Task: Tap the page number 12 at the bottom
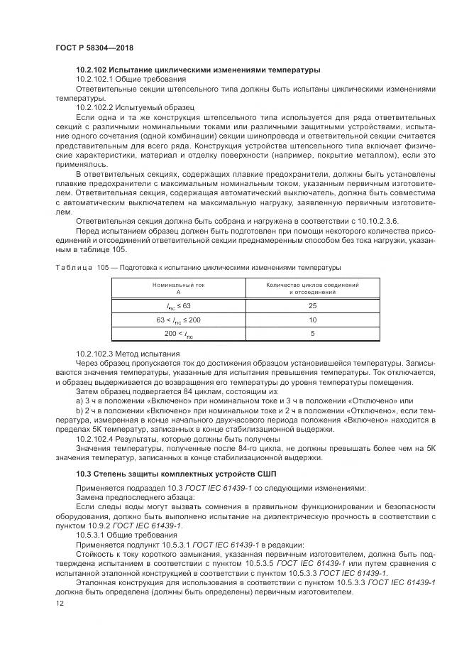coord(59,604)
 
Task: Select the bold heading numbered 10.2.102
coord(198,70)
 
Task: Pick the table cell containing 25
coord(312,305)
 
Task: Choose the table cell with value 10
coord(312,320)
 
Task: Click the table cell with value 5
coord(312,333)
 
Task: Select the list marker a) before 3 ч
coord(79,400)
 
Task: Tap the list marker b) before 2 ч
coord(79,410)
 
